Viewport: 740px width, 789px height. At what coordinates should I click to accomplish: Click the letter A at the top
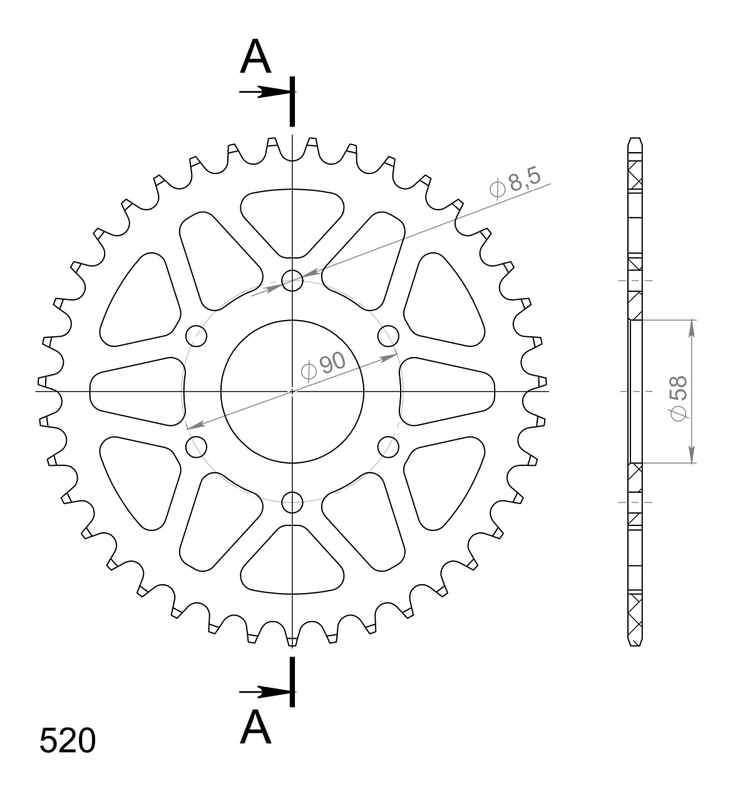coord(255,58)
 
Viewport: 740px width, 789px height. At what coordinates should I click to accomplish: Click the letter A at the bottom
coord(255,728)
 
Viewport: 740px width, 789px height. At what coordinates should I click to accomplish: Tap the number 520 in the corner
coord(68,741)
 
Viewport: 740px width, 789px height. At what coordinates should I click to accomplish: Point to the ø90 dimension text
coord(322,365)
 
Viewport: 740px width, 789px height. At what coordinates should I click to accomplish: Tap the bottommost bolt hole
coord(292,502)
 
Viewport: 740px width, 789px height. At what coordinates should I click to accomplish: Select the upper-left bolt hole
coord(197,336)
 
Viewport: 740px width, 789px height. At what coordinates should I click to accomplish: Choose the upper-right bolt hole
coord(388,336)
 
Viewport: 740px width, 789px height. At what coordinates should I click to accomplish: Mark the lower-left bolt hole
coord(197,446)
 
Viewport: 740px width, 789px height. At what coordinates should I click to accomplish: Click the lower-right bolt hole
coord(388,446)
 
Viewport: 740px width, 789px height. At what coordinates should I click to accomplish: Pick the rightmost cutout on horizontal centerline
coord(447,391)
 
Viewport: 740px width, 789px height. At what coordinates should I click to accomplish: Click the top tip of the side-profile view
coord(635,138)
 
